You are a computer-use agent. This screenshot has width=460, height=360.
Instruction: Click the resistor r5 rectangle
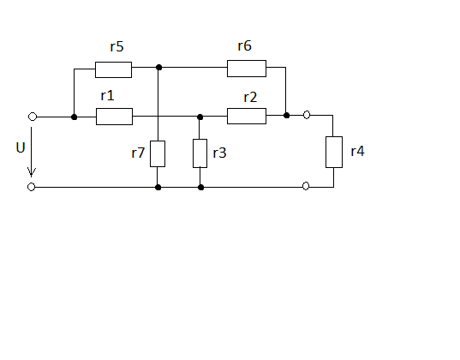(114, 70)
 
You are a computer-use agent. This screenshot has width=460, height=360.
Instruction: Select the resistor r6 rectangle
(247, 69)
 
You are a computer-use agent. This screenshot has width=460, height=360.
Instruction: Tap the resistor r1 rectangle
(115, 117)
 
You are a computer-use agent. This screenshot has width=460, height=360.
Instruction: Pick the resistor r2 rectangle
(247, 116)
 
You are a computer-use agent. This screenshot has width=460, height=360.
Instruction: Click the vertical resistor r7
(158, 154)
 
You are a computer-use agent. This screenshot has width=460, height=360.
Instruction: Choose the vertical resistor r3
(200, 153)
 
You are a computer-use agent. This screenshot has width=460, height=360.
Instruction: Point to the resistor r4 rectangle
(334, 152)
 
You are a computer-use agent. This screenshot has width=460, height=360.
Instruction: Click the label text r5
(116, 46)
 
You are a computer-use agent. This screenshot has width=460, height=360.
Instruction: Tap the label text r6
(245, 45)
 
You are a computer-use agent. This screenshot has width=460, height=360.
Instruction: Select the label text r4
(357, 151)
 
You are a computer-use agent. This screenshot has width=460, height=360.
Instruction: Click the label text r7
(138, 153)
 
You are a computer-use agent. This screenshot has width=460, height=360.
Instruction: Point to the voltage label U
(21, 147)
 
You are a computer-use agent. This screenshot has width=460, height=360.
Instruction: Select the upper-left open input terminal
(33, 117)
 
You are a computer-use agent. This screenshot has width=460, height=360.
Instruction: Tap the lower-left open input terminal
(31, 187)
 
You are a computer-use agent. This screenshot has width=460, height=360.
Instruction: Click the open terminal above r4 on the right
(307, 115)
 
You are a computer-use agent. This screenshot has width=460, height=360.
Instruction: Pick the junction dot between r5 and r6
(159, 68)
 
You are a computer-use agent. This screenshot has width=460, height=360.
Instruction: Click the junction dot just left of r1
(75, 117)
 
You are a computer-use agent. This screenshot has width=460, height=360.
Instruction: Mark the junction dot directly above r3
(200, 117)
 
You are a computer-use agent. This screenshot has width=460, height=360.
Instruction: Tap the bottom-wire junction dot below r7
(158, 188)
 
